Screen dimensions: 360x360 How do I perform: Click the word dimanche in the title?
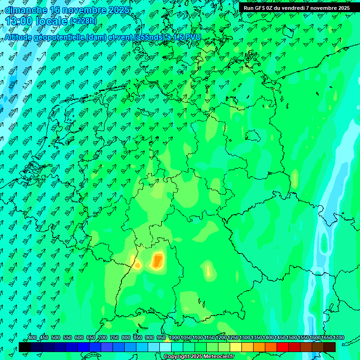tap(26, 9)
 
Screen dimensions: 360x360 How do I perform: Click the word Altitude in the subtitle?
tap(22, 37)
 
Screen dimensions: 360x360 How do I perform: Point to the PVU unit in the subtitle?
tap(193, 37)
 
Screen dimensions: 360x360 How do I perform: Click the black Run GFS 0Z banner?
tap(297, 7)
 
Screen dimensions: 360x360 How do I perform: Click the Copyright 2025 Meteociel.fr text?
tap(199, 357)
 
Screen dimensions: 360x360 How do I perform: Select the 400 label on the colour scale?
tap(32, 337)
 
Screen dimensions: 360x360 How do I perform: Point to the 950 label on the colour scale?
tap(161, 337)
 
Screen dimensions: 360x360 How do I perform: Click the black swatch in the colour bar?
tap(25, 347)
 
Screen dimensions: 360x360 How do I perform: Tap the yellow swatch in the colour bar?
tap(236, 347)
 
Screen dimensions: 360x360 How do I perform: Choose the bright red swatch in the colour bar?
tap(283, 347)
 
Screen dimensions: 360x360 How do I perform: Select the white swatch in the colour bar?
tap(165, 347)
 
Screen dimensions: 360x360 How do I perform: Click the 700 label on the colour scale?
tap(103, 337)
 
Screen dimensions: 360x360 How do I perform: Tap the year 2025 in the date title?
tap(119, 9)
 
